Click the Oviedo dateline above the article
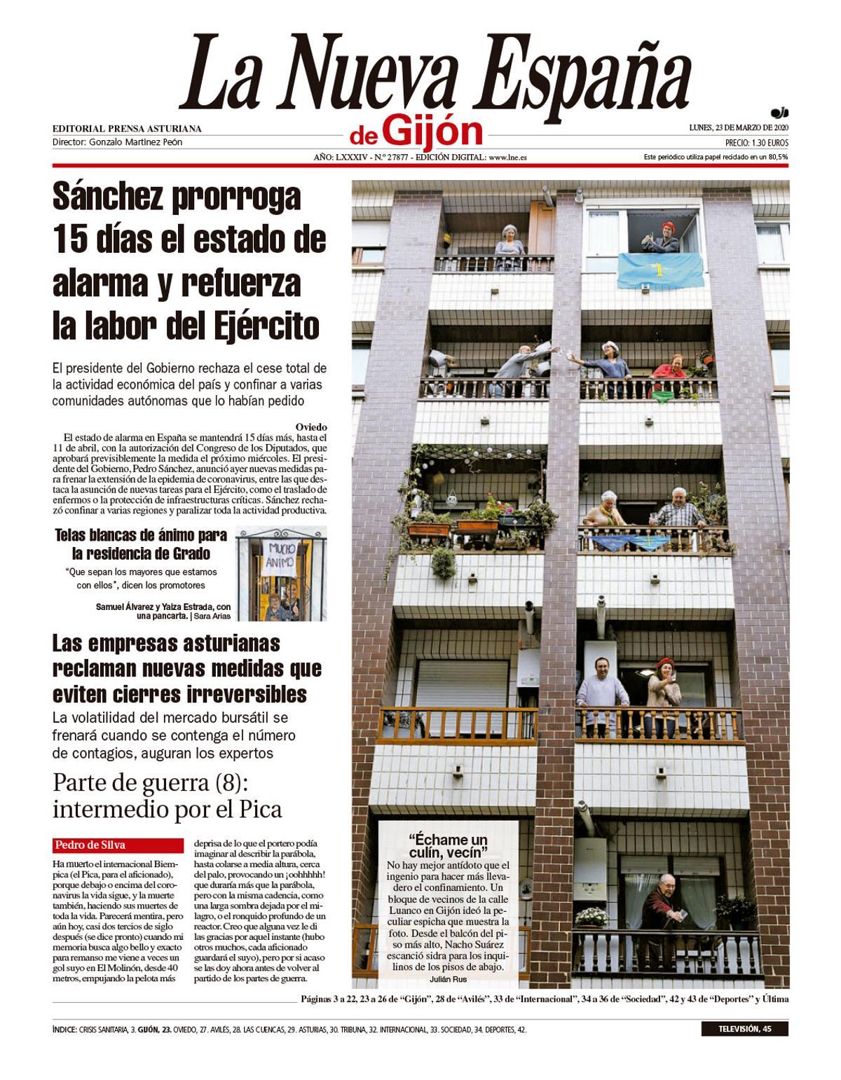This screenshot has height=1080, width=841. tap(310, 427)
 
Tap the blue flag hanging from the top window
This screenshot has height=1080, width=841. tap(660, 269)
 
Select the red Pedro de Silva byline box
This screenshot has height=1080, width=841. tap(115, 845)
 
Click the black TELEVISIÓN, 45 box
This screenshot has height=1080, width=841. tap(744, 1029)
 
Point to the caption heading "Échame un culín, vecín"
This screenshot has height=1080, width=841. tap(448, 845)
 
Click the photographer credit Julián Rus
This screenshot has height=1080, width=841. tap(448, 979)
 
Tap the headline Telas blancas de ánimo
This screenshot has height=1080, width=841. tap(141, 536)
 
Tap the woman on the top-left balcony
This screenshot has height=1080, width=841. tap(510, 244)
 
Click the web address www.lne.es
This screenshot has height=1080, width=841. tap(508, 158)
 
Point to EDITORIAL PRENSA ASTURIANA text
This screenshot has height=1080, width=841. tap(127, 129)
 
